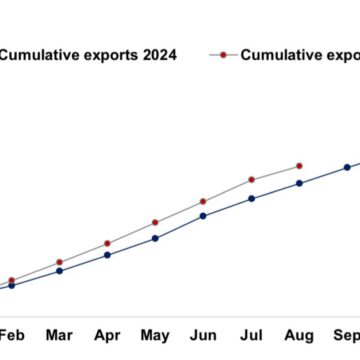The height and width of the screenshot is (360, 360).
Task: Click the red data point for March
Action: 59,262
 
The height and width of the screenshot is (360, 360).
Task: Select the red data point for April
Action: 107,243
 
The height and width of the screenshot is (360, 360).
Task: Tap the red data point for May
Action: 155,222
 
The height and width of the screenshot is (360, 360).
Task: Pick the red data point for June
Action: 203,201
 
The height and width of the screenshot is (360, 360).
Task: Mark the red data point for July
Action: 251,180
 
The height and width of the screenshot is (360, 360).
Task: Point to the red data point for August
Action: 299,165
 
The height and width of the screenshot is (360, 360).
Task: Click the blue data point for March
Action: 59,270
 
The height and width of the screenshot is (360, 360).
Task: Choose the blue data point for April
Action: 107,255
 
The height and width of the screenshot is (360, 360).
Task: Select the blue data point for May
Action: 155,238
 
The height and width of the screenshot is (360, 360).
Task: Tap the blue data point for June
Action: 203,215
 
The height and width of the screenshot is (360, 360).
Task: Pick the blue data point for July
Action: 251,198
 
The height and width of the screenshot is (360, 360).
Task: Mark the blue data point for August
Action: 299,183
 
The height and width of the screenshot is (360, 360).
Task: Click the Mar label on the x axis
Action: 59,334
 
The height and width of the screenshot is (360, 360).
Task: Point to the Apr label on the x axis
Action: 107,335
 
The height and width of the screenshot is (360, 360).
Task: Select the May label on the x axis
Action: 155,335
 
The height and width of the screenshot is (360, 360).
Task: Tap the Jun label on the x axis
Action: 203,334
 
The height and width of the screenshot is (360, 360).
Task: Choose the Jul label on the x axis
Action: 251,334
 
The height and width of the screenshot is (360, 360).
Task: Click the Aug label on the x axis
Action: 299,335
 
